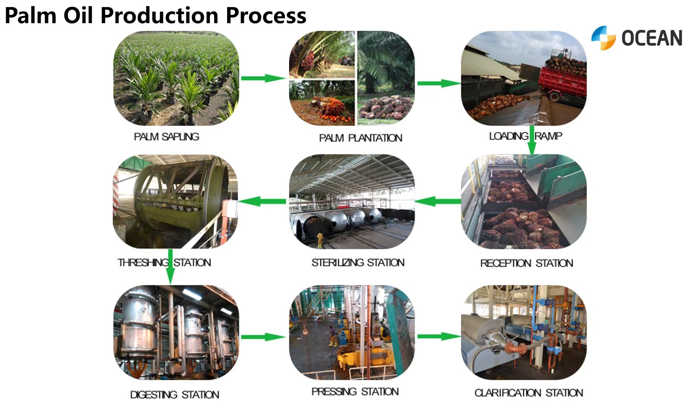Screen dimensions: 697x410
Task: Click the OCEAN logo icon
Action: pyautogui.click(x=603, y=38)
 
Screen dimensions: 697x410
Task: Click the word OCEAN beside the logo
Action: pyautogui.click(x=652, y=38)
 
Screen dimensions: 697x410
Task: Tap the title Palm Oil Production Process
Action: pyautogui.click(x=155, y=15)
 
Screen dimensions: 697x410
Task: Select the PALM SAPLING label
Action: pyautogui.click(x=167, y=137)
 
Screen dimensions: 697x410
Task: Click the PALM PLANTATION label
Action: pyautogui.click(x=361, y=138)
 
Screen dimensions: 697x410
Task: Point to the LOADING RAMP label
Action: pyautogui.click(x=526, y=136)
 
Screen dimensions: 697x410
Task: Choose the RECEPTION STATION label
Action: pyautogui.click(x=527, y=263)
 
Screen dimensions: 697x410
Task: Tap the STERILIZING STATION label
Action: pyautogui.click(x=358, y=262)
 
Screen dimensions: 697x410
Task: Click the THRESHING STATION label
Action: pyautogui.click(x=164, y=262)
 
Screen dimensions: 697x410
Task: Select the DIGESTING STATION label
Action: pyautogui.click(x=175, y=394)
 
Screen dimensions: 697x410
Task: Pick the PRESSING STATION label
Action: pyautogui.click(x=355, y=391)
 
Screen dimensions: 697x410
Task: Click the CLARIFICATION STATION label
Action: pyautogui.click(x=529, y=392)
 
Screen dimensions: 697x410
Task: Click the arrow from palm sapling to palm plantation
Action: pyautogui.click(x=263, y=79)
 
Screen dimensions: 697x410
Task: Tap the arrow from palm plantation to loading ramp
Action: pyautogui.click(x=439, y=83)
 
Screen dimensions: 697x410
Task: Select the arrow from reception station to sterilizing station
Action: pyautogui.click(x=438, y=201)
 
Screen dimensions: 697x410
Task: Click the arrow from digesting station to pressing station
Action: pyautogui.click(x=263, y=337)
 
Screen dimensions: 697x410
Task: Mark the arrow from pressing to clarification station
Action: pyautogui.click(x=439, y=336)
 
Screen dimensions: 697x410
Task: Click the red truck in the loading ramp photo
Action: pyautogui.click(x=562, y=81)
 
